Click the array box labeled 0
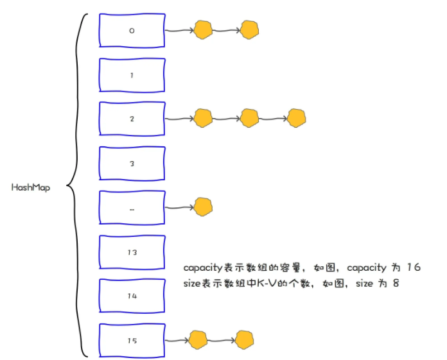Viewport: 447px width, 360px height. pos(132,30)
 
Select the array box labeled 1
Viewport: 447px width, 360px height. pos(132,75)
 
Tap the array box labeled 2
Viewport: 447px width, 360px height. pos(132,119)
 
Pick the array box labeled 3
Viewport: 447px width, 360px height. pos(132,164)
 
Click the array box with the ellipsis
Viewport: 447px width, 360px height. pos(132,208)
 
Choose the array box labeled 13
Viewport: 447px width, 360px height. pos(132,252)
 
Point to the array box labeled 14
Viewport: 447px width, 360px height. pos(132,296)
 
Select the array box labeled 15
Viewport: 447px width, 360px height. pos(132,341)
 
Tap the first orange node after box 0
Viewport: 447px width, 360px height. pos(204,30)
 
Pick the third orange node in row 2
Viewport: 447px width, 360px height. pos(295,118)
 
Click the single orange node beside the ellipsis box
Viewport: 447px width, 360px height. pos(203,207)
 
